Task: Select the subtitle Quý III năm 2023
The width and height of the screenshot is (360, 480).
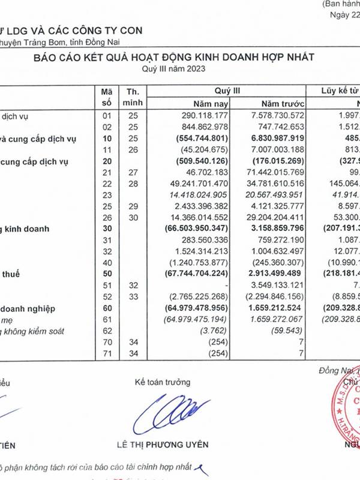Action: (x=174, y=69)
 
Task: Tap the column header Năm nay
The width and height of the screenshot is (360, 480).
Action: (x=205, y=102)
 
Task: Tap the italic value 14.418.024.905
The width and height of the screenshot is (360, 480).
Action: (x=195, y=195)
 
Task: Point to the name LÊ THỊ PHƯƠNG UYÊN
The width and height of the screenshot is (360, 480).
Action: (x=164, y=445)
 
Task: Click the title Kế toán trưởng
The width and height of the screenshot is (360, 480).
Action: (x=163, y=382)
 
